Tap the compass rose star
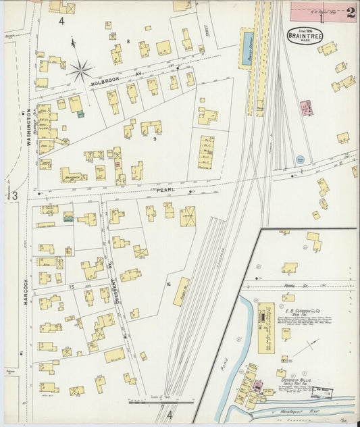(80, 69)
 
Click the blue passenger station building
(247, 47)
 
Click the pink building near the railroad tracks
(305, 108)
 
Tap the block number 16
(168, 284)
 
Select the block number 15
(71, 287)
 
